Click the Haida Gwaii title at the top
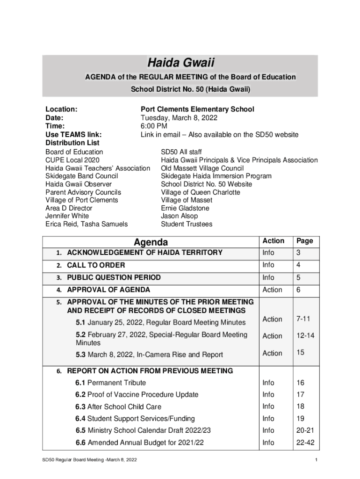pyautogui.click(x=180, y=63)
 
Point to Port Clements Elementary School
pyautogui.click(x=197, y=109)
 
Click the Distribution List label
pyautogui.click(x=72, y=143)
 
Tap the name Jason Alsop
pyautogui.click(x=179, y=216)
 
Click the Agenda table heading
pyautogui.click(x=151, y=242)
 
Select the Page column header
pyautogui.click(x=304, y=241)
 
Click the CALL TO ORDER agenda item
pyautogui.click(x=96, y=266)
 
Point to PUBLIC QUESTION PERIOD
pyautogui.click(x=114, y=278)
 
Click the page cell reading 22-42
pyautogui.click(x=303, y=443)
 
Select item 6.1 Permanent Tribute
pyautogui.click(x=111, y=383)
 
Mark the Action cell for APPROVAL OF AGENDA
pyautogui.click(x=272, y=290)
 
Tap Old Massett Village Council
pyautogui.click(x=202, y=168)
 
